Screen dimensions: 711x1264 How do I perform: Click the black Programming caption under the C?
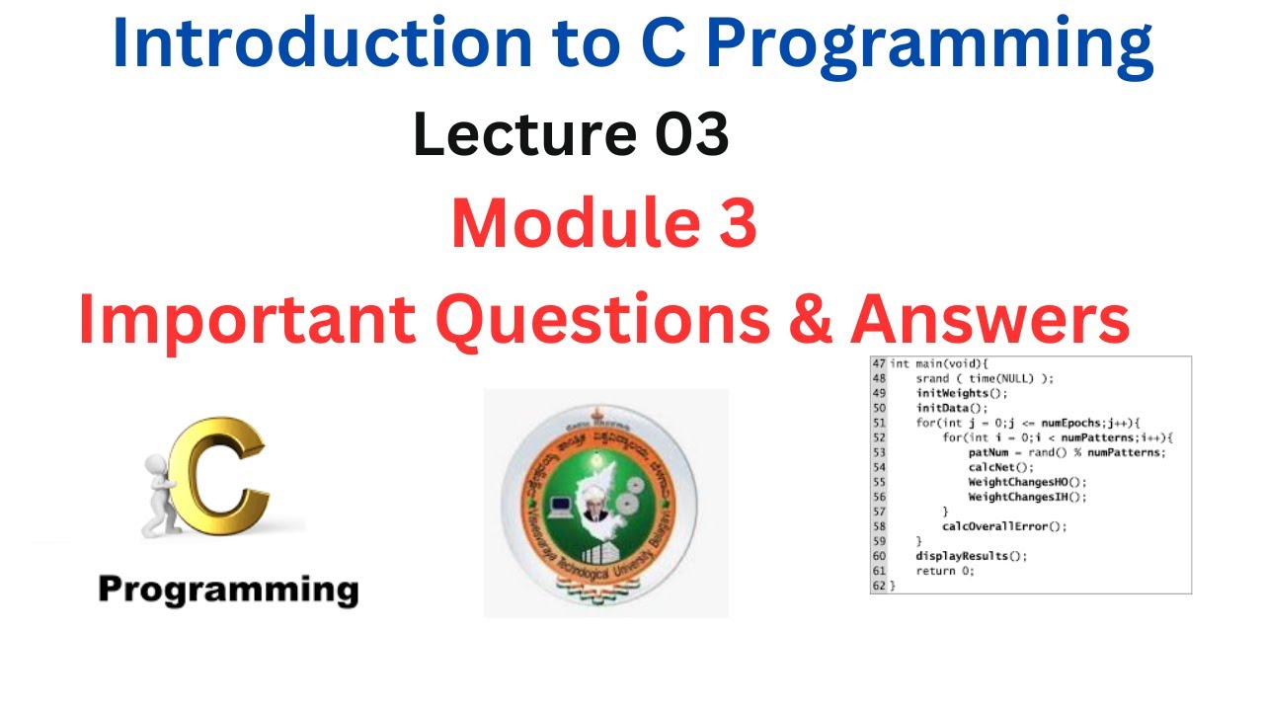coord(228,590)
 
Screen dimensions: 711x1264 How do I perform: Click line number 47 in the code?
coord(878,363)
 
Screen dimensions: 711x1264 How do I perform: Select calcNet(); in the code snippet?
coord(1000,467)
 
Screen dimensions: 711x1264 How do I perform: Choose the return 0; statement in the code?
coord(945,571)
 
